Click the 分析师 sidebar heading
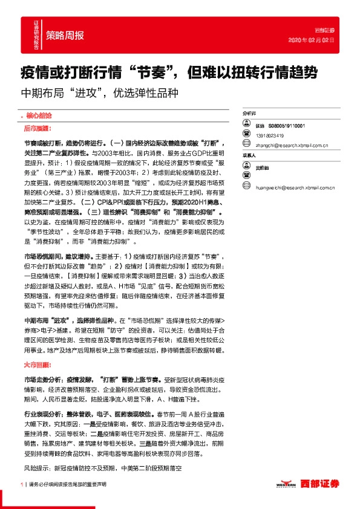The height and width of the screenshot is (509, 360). pos(249,113)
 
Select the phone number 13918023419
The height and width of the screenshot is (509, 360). pos(272,135)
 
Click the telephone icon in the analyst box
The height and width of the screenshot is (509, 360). pos(246,135)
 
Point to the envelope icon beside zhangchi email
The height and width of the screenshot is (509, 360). pos(246,145)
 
